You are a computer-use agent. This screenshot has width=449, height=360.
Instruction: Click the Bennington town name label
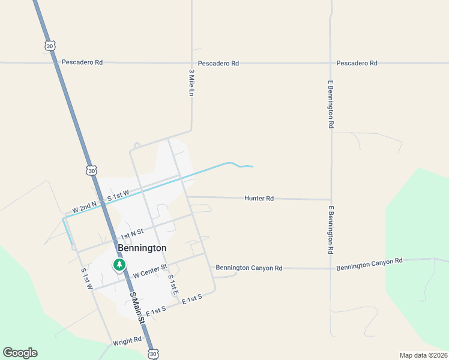pyautogui.click(x=142, y=248)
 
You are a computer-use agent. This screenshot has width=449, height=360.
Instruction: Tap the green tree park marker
pyautogui.click(x=119, y=265)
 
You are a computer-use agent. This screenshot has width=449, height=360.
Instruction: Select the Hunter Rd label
pyautogui.click(x=259, y=198)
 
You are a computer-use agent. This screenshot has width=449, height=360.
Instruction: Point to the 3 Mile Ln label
pyautogui.click(x=191, y=83)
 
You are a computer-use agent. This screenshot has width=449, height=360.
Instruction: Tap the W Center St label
pyautogui.click(x=149, y=271)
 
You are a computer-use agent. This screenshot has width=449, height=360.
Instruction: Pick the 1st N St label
pyautogui.click(x=131, y=232)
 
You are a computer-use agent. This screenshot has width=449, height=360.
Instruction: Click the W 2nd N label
pyautogui.click(x=84, y=207)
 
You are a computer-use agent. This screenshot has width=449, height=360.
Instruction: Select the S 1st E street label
pyautogui.click(x=172, y=284)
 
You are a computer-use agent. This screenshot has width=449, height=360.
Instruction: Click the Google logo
pyautogui.click(x=20, y=353)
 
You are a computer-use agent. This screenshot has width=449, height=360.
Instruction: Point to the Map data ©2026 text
pyautogui.click(x=423, y=355)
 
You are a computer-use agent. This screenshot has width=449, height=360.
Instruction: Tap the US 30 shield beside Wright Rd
pyautogui.click(x=152, y=354)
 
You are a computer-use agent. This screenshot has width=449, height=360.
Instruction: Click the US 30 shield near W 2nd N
pyautogui.click(x=91, y=171)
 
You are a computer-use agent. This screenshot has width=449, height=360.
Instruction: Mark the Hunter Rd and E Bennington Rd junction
pyautogui.click(x=331, y=200)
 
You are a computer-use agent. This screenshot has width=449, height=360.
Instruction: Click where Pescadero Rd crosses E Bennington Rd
pyautogui.click(x=331, y=63)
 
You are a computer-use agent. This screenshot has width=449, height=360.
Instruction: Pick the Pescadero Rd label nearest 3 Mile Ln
pyautogui.click(x=218, y=63)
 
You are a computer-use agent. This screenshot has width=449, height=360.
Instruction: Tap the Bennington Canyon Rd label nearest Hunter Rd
pyautogui.click(x=249, y=268)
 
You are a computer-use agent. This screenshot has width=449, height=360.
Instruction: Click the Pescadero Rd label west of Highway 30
pyautogui.click(x=82, y=62)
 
